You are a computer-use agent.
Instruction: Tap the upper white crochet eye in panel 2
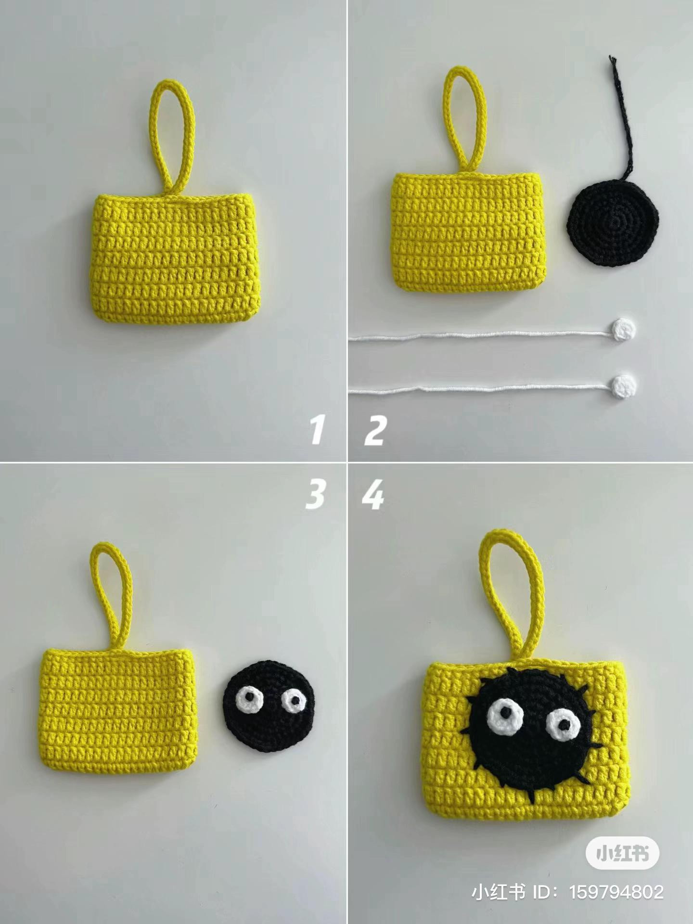pyautogui.click(x=624, y=329)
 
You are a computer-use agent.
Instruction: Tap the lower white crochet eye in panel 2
pyautogui.click(x=625, y=385)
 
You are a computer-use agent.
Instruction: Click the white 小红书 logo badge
pyautogui.click(x=622, y=854)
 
